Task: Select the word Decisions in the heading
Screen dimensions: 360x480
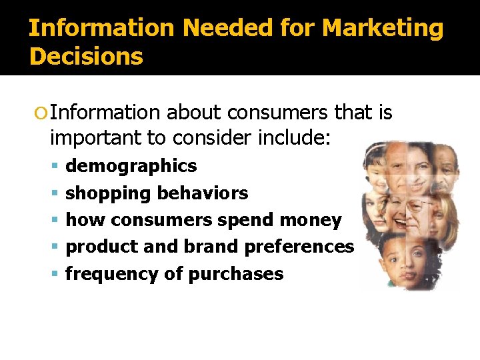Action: pyautogui.click(x=86, y=57)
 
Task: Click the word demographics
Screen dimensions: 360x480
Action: pyautogui.click(x=131, y=165)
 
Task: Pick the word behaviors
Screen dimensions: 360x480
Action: pyautogui.click(x=202, y=193)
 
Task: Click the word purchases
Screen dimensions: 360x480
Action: pyautogui.click(x=236, y=274)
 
